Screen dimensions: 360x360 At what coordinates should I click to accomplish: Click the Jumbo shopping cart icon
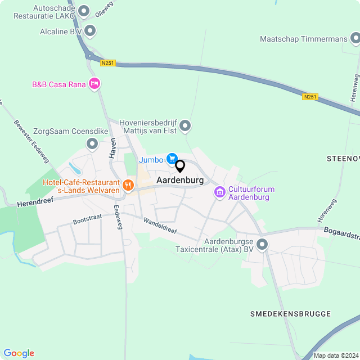point(172,160)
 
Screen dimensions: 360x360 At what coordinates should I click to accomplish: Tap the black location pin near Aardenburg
point(180,166)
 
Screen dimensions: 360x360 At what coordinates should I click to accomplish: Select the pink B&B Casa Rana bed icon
point(94,84)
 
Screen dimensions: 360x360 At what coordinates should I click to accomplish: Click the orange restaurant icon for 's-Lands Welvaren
point(128,184)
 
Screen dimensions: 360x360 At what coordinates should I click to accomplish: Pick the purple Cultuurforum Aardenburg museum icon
point(219,192)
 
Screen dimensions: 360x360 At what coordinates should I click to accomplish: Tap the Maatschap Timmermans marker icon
point(355,39)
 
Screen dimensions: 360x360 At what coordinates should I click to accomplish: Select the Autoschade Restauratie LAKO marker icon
point(84,11)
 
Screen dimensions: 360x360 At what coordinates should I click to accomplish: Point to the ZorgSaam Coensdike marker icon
point(92,145)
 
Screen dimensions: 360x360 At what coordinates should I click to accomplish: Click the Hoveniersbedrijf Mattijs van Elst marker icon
point(186,126)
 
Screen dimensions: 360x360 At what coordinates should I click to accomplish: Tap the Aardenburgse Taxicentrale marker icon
point(262,244)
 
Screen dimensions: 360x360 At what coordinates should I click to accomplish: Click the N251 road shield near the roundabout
point(107,63)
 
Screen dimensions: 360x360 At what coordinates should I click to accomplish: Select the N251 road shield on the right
point(309,97)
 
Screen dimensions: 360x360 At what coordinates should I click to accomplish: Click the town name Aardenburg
point(181,180)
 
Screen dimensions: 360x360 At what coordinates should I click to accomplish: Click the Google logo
point(19,353)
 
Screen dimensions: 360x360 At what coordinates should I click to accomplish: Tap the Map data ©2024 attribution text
point(335,355)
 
